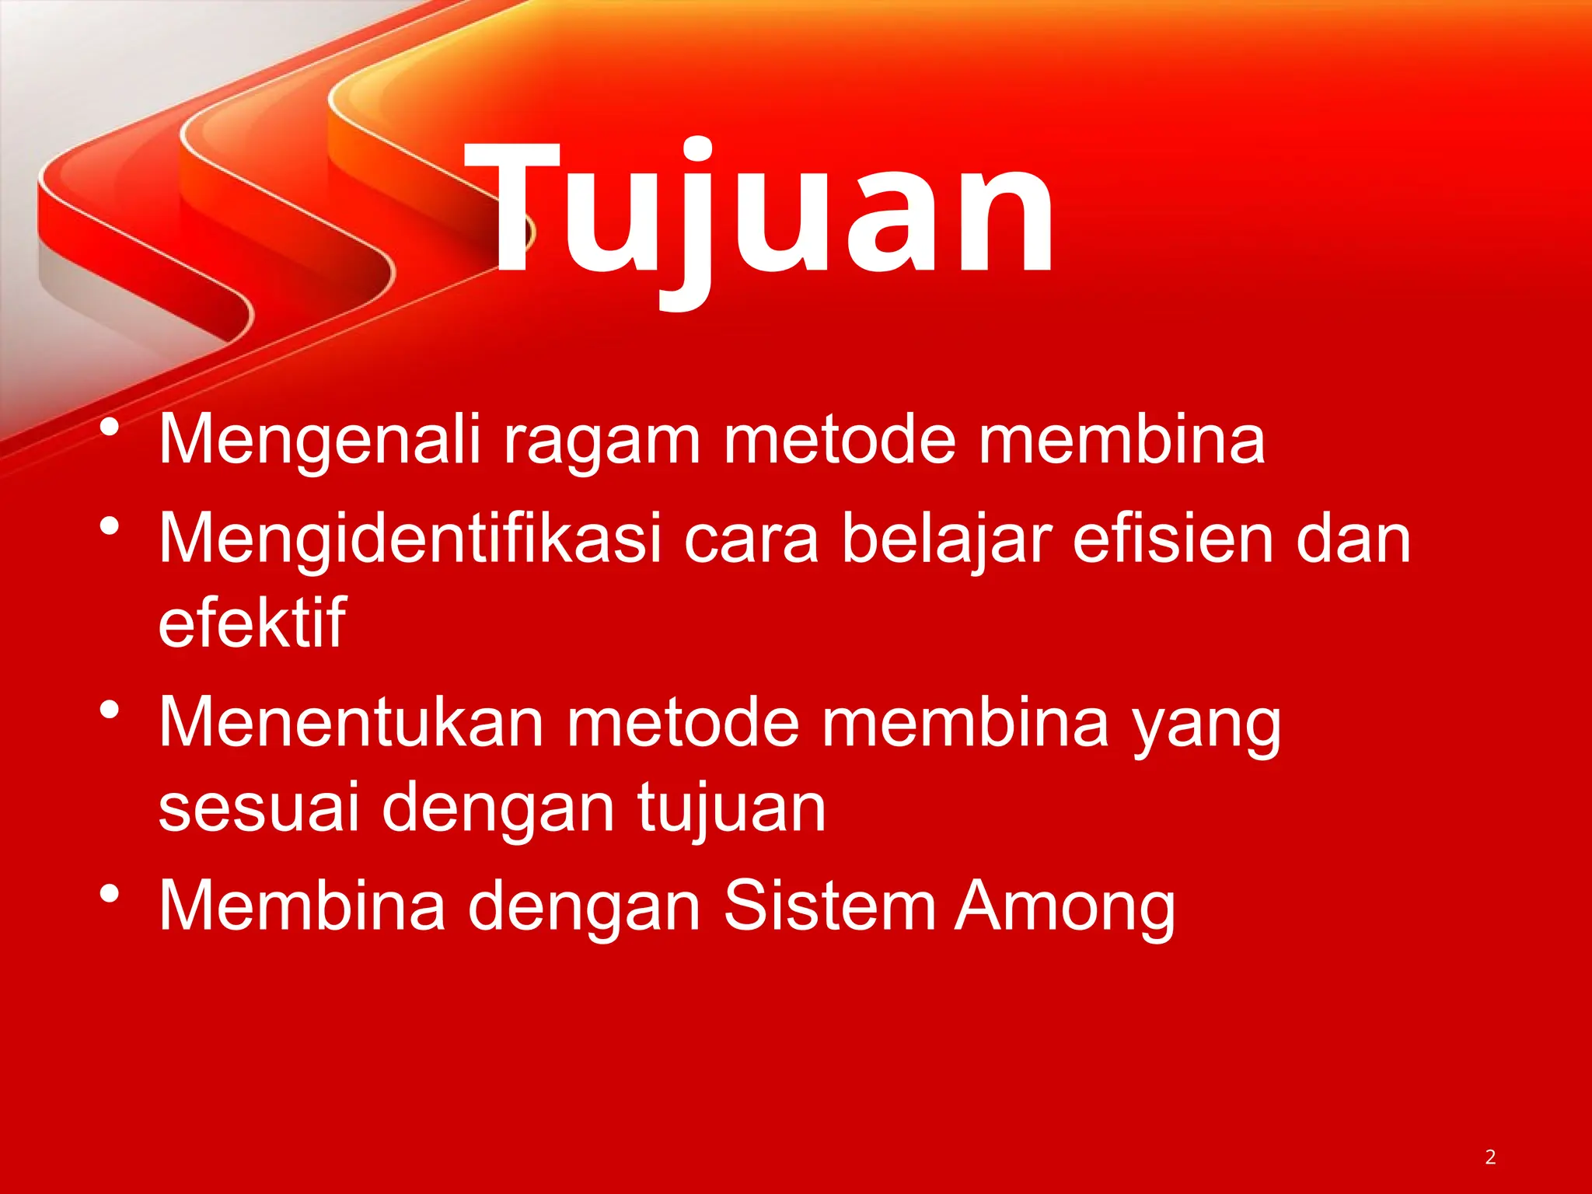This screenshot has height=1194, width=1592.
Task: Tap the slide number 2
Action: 1490,1157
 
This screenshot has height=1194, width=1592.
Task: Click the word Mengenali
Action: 319,440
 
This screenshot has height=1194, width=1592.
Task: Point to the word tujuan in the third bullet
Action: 731,808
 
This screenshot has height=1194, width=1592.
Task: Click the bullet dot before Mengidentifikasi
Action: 110,526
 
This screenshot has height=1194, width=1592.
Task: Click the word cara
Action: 751,539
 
